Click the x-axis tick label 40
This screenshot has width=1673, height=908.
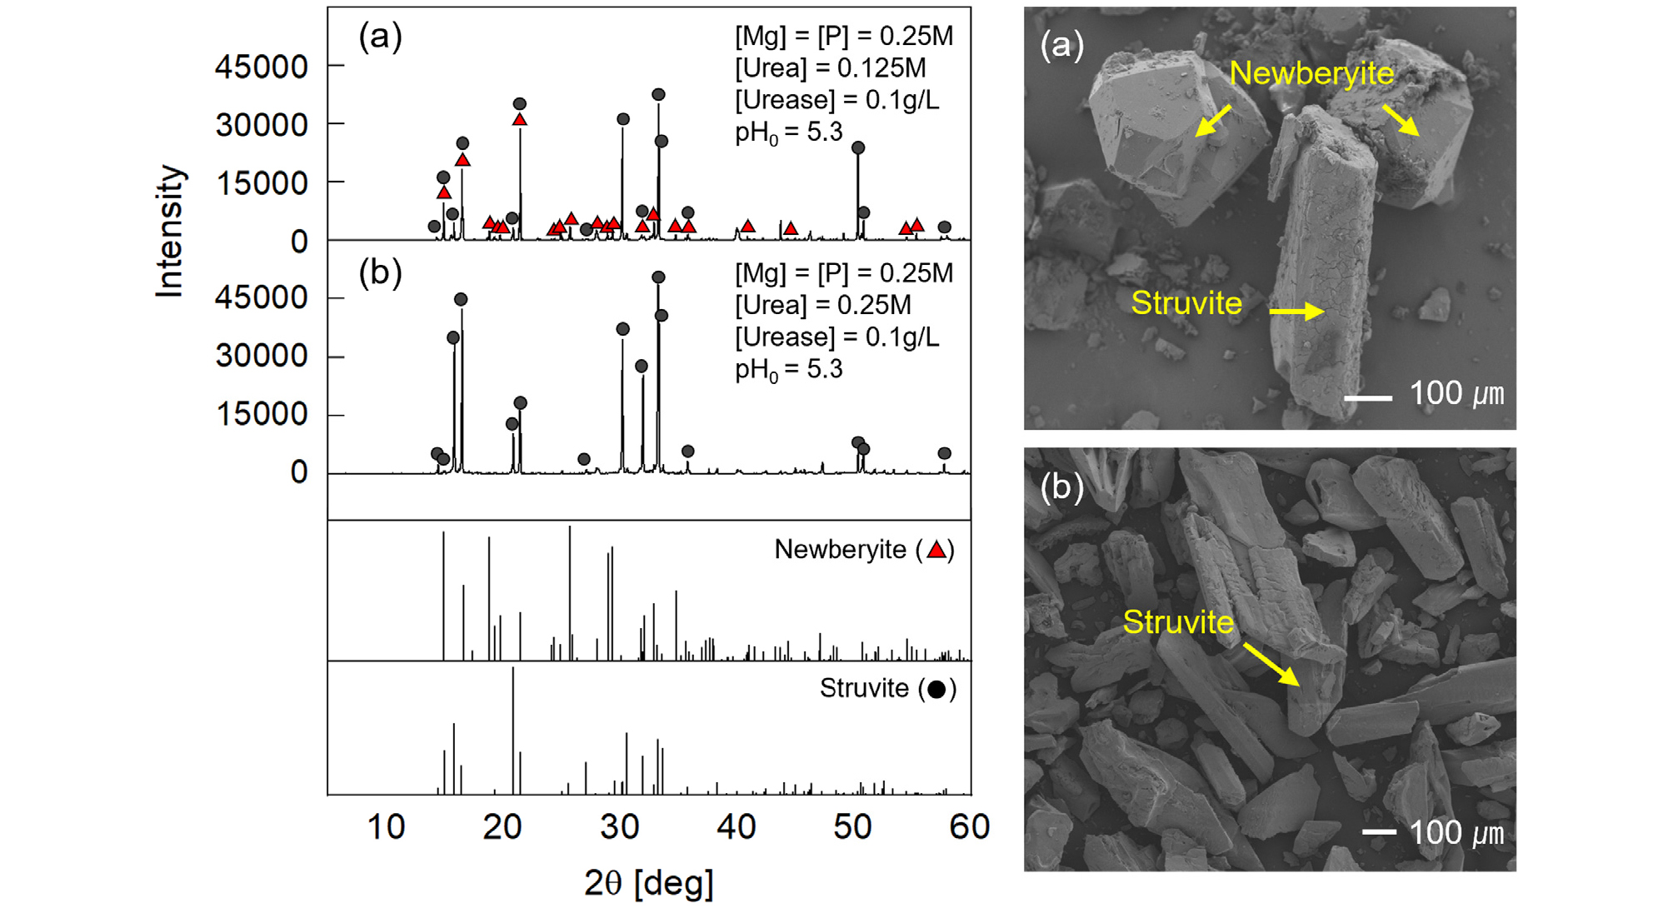(x=736, y=827)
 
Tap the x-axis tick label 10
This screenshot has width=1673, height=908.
(x=386, y=827)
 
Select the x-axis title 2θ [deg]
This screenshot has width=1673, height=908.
(x=649, y=882)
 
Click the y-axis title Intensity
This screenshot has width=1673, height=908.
(x=170, y=231)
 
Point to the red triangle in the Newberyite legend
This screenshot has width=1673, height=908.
(x=936, y=550)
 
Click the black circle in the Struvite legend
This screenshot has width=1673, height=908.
(x=936, y=690)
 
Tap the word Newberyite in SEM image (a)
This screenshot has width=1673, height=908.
(x=1311, y=73)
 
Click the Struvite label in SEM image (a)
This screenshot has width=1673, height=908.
(x=1186, y=302)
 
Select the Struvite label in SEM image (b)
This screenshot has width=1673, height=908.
(x=1178, y=621)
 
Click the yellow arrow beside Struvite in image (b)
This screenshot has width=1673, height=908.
(x=1271, y=664)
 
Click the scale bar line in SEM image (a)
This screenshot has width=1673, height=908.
(x=1368, y=398)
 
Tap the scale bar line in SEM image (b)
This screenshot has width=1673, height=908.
(x=1379, y=831)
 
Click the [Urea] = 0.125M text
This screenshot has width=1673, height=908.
(x=830, y=68)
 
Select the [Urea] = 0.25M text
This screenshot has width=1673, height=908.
(x=823, y=305)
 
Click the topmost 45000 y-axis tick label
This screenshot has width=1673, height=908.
(x=262, y=67)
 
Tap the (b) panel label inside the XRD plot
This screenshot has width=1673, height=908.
(x=380, y=272)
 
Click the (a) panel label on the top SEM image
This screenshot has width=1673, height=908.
(x=1061, y=44)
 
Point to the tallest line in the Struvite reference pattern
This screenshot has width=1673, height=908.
(x=513, y=731)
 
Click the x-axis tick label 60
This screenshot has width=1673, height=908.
(x=970, y=827)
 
